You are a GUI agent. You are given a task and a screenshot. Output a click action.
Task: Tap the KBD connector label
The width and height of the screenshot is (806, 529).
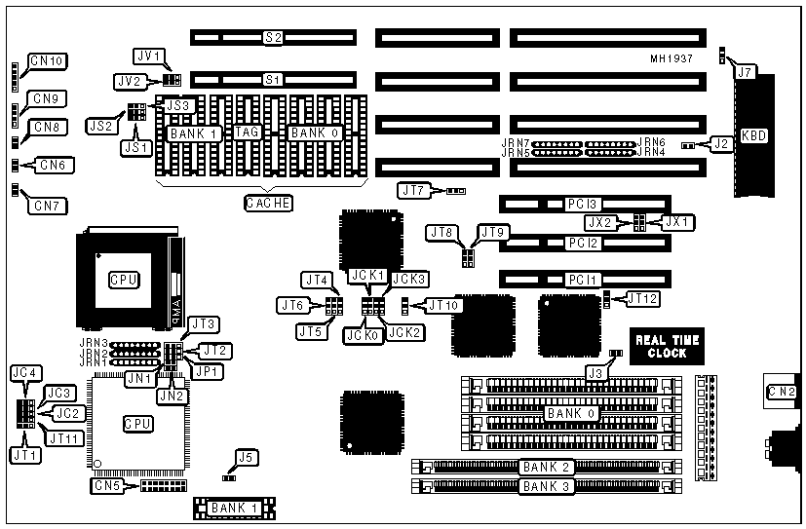coord(753,134)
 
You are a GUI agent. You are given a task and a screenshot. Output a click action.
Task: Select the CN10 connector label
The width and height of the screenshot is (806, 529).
coord(46,61)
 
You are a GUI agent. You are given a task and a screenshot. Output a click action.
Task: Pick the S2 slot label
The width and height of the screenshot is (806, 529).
coord(273,37)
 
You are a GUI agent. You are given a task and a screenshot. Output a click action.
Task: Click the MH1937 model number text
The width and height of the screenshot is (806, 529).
coord(672,58)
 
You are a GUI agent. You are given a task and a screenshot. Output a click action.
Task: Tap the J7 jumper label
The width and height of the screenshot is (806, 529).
coord(744,71)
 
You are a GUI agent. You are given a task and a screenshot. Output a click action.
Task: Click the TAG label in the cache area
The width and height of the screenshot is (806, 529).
coord(245,132)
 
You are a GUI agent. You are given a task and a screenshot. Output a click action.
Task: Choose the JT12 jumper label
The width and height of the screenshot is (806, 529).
coord(642,298)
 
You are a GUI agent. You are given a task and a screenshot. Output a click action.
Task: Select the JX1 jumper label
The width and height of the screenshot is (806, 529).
coord(674,221)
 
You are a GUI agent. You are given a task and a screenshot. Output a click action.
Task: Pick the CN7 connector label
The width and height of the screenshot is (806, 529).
coord(47,206)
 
